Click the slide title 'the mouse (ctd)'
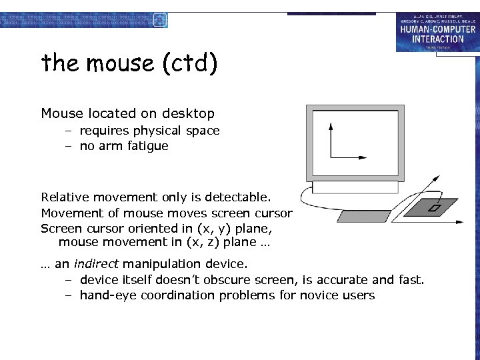coord(129,63)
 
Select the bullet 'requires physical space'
coord(149,131)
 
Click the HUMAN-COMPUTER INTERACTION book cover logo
coord(437,32)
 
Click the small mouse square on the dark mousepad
coord(433,209)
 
